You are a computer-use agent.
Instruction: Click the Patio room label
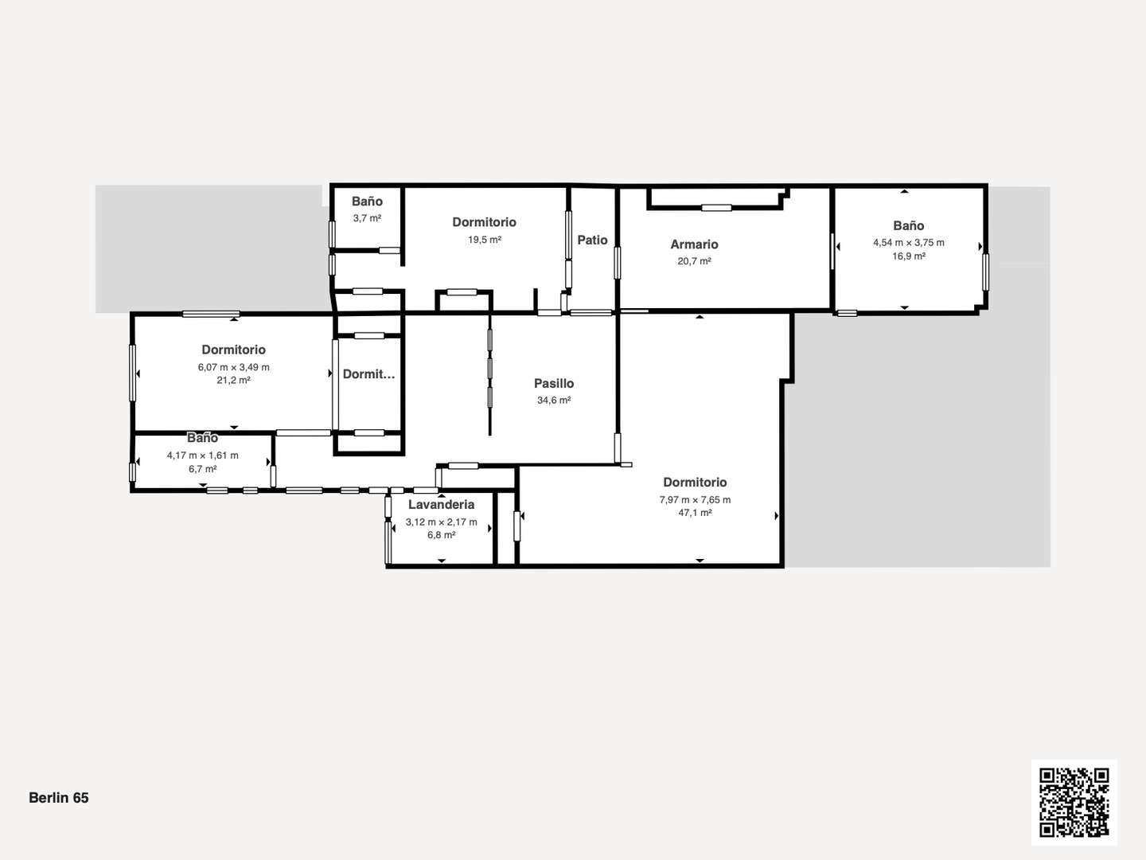tap(592, 240)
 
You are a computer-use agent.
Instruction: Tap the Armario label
tap(694, 244)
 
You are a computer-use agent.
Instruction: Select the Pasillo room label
tap(554, 383)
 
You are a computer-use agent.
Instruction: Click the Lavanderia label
tap(441, 504)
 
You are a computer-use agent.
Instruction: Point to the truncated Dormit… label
tap(368, 374)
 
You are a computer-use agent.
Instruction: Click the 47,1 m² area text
tap(695, 513)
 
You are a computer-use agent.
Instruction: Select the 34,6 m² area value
tap(554, 401)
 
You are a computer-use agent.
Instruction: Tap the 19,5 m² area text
tap(485, 240)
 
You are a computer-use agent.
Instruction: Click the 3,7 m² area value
tap(367, 218)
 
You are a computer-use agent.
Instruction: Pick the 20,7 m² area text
tap(695, 261)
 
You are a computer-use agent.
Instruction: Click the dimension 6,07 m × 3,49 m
tap(233, 367)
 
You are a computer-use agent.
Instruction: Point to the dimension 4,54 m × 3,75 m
tap(909, 243)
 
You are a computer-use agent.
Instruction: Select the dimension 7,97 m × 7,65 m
tap(695, 500)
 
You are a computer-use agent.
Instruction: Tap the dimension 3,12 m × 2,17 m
tap(441, 522)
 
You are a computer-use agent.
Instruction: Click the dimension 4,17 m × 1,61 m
tap(203, 455)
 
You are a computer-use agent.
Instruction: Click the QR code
tap(1074, 802)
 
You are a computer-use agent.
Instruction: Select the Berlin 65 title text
tap(58, 798)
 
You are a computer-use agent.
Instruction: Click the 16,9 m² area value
tap(909, 256)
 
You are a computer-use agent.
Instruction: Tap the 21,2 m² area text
tap(233, 380)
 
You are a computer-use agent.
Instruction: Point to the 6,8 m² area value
tap(441, 535)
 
